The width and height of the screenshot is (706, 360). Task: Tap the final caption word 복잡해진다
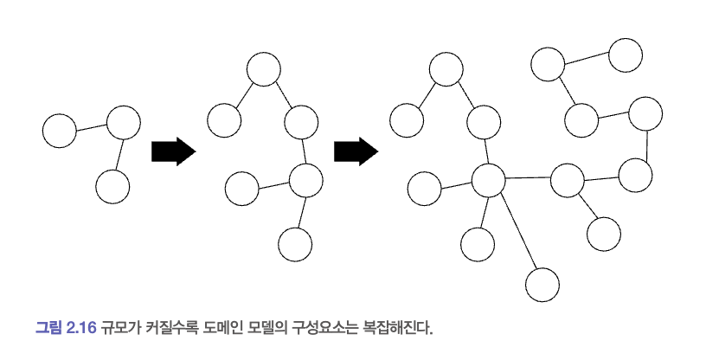click(395, 328)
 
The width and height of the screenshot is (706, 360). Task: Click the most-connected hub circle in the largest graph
click(488, 180)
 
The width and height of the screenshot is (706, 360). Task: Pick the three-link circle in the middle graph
click(305, 181)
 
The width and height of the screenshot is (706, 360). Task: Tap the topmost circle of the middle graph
click(263, 68)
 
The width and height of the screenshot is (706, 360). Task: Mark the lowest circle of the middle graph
click(295, 244)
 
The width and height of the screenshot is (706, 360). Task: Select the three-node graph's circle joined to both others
click(123, 123)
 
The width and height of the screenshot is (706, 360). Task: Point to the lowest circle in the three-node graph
click(112, 186)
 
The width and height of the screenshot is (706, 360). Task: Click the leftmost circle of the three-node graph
click(60, 132)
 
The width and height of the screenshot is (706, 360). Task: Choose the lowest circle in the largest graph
click(542, 284)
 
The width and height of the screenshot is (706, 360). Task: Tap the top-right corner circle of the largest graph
click(626, 55)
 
